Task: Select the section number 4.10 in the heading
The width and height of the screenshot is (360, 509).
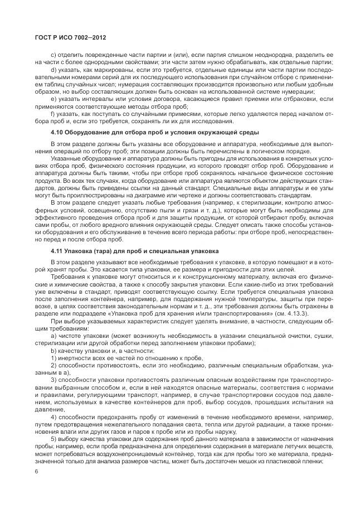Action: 57,132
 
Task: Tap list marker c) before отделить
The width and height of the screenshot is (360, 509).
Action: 53,55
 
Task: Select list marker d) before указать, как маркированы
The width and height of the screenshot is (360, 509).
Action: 53,70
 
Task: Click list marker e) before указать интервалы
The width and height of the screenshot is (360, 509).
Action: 53,99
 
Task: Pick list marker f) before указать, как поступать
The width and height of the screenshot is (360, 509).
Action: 52,113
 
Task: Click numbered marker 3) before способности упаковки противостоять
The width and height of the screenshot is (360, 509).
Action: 53,379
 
